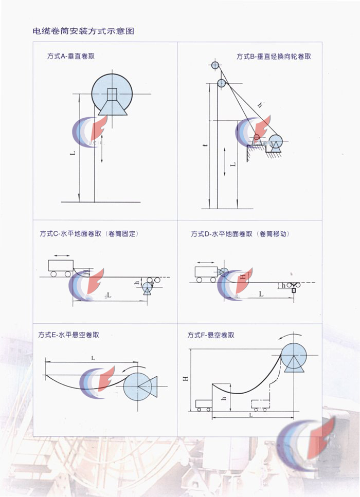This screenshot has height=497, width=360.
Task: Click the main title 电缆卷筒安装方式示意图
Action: pos(83,31)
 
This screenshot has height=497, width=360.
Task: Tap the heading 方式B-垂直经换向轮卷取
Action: pos(274,57)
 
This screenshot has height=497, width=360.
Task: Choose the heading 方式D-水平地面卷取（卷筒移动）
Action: pos(240,234)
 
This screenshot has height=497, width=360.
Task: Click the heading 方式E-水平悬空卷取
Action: pos(68,335)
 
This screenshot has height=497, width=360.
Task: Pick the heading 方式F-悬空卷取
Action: pos(211,335)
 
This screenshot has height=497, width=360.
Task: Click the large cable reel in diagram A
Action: pos(112,94)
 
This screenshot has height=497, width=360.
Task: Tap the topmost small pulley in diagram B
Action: pos(214,65)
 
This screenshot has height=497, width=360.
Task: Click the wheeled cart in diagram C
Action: pos(61,267)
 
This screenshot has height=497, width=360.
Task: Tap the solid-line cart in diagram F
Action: pos(204,405)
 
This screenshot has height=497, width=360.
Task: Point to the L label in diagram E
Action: pos(93,357)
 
